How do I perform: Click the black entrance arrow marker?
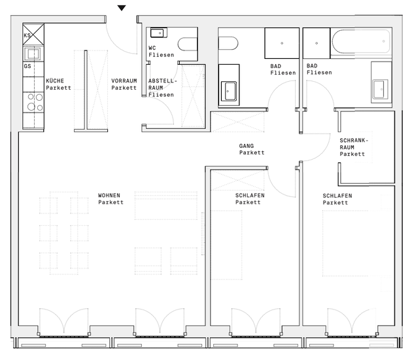coord(122,8)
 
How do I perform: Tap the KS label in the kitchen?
coord(27,35)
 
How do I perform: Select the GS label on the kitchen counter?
coord(27,66)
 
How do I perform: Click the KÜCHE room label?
coord(55,81)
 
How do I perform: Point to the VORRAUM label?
coord(124,81)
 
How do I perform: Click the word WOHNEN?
coord(109,196)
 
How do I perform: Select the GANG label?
coord(247,146)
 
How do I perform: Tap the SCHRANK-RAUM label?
coord(354,143)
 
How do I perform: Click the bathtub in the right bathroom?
coord(361,42)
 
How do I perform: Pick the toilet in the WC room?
coord(188,44)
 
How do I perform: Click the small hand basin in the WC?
coord(158,33)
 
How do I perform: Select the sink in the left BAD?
coord(229,91)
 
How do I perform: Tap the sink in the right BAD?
coord(381,89)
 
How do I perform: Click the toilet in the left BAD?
coord(228,43)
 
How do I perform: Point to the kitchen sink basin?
coord(33,54)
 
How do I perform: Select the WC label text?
coord(152,48)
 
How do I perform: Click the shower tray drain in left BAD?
coord(282,43)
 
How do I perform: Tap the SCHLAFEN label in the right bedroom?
coord(337,196)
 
